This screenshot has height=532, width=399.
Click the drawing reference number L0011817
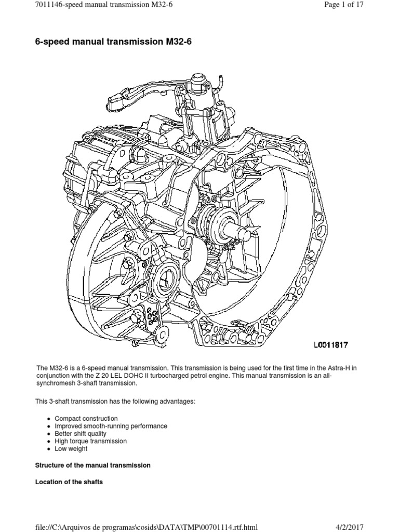(x=330, y=344)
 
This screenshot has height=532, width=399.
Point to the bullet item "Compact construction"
(x=86, y=418)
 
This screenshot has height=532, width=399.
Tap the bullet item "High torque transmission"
(x=90, y=441)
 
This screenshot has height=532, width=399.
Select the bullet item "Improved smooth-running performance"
(x=111, y=426)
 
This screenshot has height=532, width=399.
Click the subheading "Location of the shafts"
(x=69, y=482)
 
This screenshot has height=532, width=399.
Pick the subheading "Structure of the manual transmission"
(x=92, y=465)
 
